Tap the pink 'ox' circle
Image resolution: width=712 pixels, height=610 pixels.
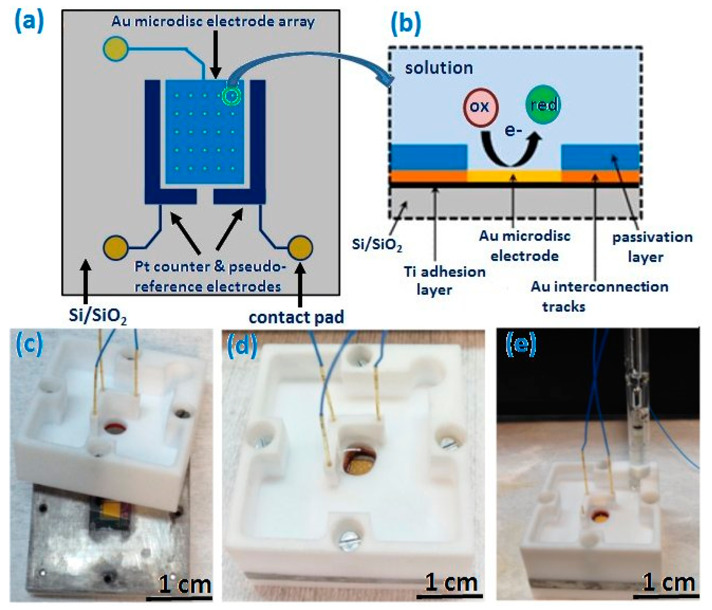point(480,106)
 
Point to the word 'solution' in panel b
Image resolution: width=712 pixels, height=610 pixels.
point(439,68)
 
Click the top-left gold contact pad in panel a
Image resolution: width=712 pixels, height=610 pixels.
point(116,48)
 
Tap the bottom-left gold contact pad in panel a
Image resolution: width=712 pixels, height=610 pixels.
point(116,247)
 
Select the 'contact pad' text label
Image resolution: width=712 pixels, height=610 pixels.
point(296,317)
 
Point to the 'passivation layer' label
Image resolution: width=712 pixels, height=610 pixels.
point(652,247)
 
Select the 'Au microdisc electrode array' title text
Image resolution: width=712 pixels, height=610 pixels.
point(213,21)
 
